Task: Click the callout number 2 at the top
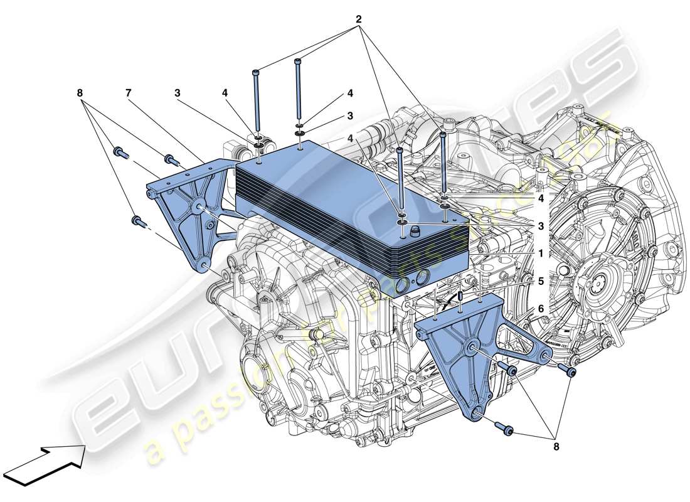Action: click(x=359, y=19)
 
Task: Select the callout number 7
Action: click(x=128, y=93)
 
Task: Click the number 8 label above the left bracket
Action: click(x=80, y=93)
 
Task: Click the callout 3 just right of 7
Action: click(x=178, y=93)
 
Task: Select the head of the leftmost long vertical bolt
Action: click(x=257, y=73)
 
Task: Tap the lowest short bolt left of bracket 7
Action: click(x=137, y=221)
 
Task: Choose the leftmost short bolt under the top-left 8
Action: click(x=118, y=151)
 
